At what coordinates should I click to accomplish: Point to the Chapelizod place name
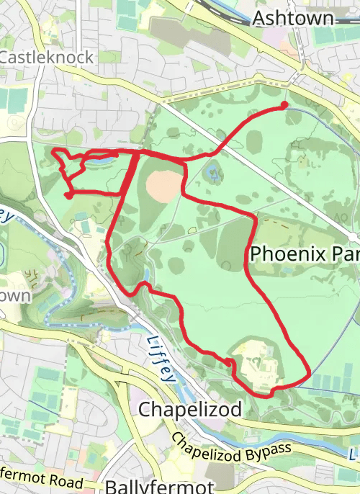point(189,409)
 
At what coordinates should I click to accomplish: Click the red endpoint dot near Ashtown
point(284,105)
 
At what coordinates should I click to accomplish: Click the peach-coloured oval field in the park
point(165,186)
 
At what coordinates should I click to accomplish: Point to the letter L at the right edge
point(354,455)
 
